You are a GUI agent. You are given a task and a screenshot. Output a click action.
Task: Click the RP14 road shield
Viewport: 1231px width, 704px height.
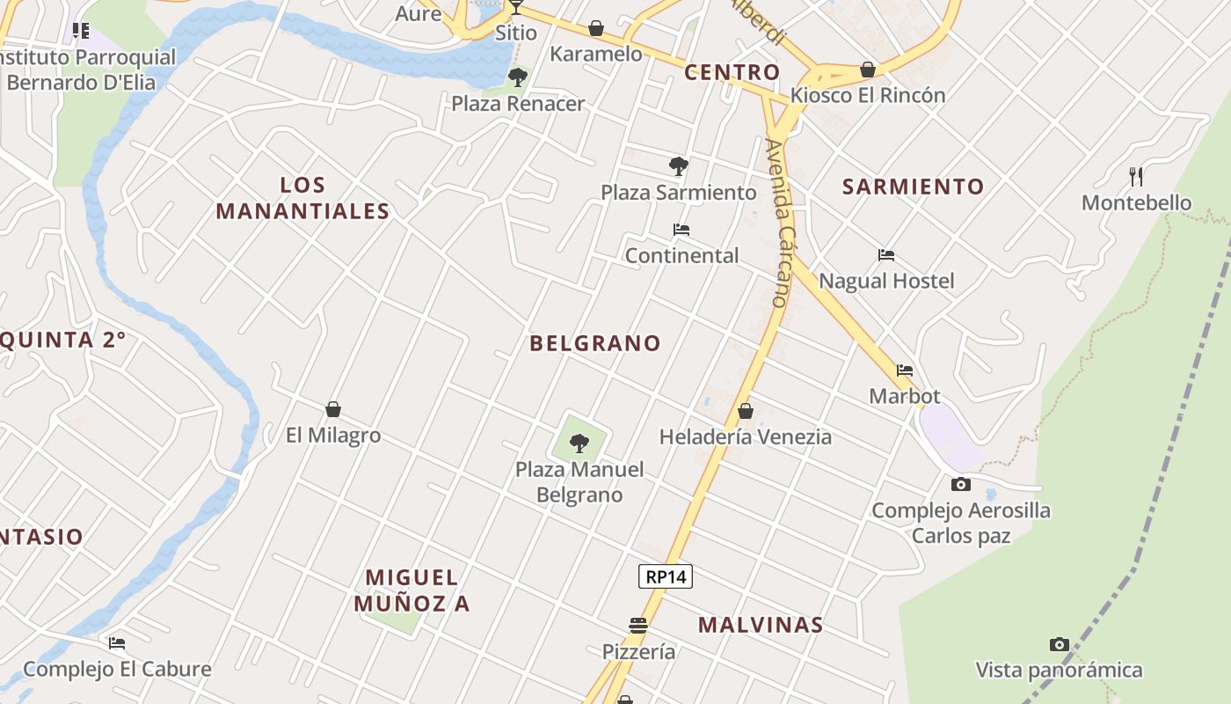pos(666,576)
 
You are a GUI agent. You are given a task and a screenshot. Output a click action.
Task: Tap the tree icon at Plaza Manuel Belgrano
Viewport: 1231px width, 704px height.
pos(579,443)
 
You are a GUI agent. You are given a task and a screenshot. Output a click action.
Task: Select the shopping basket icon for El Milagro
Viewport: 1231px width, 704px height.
pos(333,409)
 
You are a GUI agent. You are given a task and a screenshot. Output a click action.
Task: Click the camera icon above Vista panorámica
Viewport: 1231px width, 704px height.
pos(1059,645)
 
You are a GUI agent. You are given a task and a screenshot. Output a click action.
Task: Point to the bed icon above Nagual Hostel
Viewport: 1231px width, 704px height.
pos(886,255)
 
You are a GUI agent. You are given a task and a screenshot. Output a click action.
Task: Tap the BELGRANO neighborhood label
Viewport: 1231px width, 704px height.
pos(594,343)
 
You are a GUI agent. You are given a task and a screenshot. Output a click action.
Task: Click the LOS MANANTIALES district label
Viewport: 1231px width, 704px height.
pos(302,198)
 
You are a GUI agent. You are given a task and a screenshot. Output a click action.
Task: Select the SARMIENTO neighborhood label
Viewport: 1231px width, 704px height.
pos(913,187)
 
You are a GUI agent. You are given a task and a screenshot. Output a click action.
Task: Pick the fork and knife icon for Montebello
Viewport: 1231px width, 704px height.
pos(1136,177)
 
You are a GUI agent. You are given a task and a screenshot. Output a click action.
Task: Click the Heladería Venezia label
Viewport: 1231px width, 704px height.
pos(745,436)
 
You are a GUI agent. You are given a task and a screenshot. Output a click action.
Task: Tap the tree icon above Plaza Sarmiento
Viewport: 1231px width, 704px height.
pos(678,166)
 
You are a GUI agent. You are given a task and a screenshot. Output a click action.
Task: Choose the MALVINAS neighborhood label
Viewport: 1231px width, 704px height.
pos(761,625)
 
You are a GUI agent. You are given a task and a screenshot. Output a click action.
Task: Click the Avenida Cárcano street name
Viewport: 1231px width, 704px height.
pos(777,223)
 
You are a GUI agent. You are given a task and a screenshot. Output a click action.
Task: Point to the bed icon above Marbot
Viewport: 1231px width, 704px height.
pos(905,370)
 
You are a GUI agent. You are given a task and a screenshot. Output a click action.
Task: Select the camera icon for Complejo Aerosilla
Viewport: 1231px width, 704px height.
pos(960,484)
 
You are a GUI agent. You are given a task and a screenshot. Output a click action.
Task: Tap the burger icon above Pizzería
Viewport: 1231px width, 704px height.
pos(638,626)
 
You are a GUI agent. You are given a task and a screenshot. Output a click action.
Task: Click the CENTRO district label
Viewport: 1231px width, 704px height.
pos(732,72)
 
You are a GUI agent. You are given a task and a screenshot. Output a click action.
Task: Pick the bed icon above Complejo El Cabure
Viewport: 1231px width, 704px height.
pos(117,643)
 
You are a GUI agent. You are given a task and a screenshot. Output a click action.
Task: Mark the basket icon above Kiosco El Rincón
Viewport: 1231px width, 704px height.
pos(868,70)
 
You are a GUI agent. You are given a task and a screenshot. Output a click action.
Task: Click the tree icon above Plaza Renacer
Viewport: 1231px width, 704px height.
pos(518,77)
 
